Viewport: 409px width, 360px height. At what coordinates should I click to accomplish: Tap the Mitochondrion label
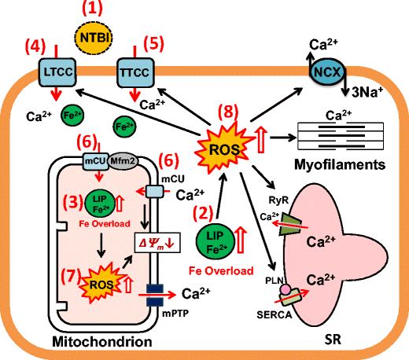click(83, 343)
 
